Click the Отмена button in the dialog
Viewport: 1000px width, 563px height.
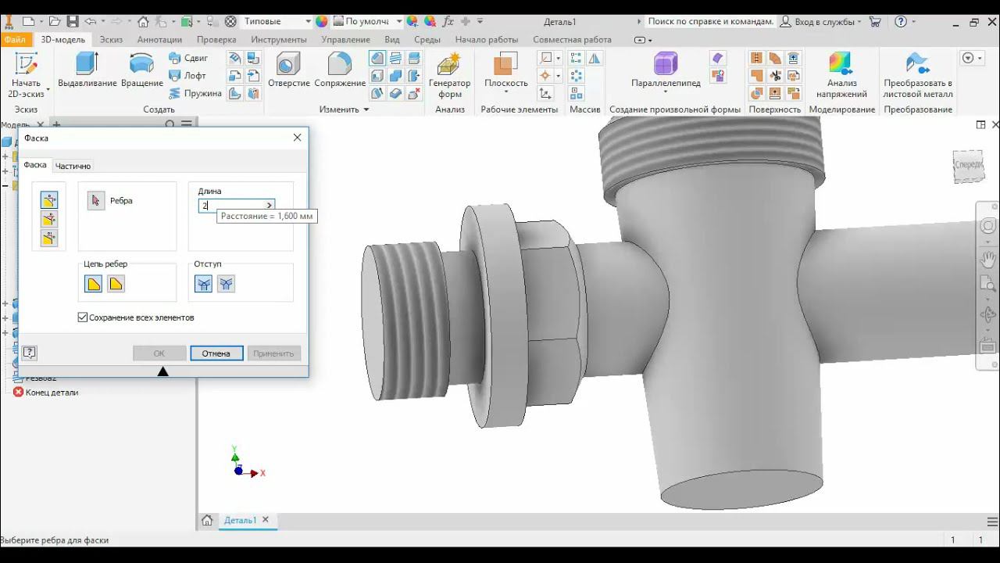[x=216, y=353]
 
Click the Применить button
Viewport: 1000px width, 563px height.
[x=273, y=353]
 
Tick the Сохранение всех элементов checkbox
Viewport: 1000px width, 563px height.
[x=83, y=317]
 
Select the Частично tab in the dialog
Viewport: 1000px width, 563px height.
[x=73, y=166]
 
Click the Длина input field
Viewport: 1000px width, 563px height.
[x=234, y=206]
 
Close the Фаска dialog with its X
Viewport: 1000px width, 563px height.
[x=297, y=138]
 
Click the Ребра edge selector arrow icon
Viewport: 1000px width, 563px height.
[x=96, y=201]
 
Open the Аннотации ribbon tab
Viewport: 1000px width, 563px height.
[x=159, y=39]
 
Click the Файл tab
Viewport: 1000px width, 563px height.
[x=15, y=39]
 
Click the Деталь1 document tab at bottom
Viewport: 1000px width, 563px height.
[x=240, y=520]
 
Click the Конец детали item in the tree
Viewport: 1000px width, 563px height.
[x=52, y=393]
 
